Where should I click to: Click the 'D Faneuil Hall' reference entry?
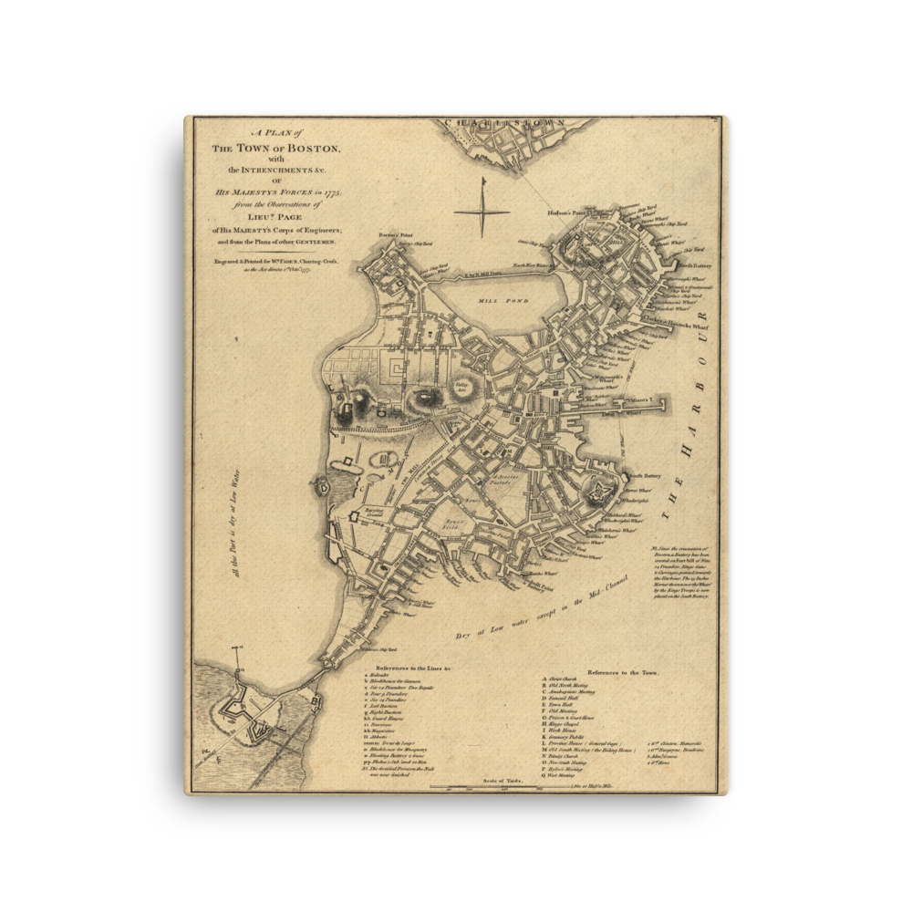click(569, 698)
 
